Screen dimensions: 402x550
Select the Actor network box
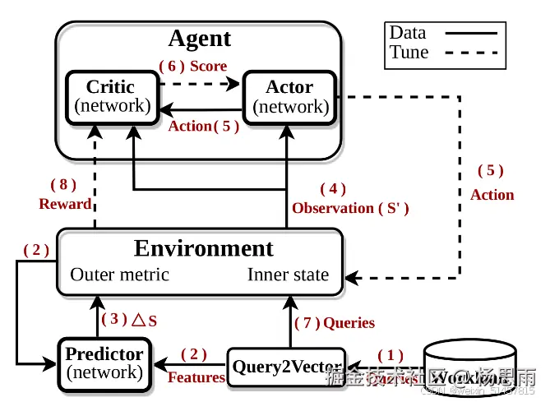290,96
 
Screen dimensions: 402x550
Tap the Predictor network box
104,363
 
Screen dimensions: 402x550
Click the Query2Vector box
286,367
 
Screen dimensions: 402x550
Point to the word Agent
199,39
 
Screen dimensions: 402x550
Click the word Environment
203,248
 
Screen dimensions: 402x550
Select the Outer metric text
120,275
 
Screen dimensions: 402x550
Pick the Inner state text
288,275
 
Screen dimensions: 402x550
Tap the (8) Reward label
65,194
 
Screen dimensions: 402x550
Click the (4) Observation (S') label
350,199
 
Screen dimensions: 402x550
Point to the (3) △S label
129,319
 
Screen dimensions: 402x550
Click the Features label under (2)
196,377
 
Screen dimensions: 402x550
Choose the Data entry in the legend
408,33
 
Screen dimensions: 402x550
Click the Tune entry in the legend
409,53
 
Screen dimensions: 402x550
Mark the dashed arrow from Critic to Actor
200,83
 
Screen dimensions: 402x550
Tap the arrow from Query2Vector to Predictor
192,363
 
